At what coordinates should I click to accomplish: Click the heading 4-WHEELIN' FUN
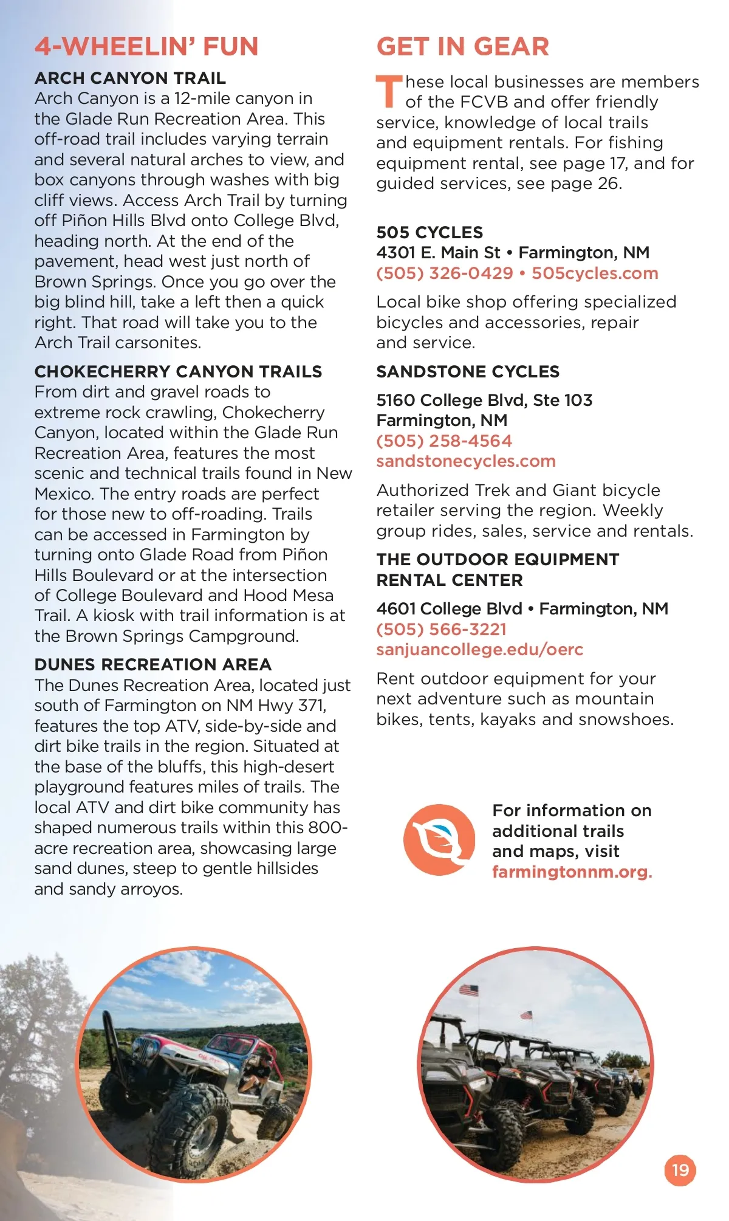146,47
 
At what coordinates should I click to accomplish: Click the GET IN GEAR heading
462,47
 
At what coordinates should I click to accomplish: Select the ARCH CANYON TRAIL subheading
130,78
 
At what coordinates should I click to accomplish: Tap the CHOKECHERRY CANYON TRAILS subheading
178,371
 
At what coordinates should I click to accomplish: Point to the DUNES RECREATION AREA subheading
153,664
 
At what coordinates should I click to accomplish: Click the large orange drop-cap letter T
388,91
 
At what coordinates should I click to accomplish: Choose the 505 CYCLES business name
430,232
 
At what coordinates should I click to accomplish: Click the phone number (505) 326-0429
445,273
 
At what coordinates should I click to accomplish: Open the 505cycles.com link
595,273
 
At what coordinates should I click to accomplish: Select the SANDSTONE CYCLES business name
468,371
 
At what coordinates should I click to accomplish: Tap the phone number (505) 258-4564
444,441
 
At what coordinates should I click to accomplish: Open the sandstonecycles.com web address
466,461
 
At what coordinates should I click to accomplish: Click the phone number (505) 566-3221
441,629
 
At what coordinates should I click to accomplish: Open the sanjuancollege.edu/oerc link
479,650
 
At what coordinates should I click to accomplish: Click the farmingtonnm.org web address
570,872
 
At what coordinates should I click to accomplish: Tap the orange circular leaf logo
439,840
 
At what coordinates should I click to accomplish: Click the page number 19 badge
680,1170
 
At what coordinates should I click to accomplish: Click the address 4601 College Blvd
449,608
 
